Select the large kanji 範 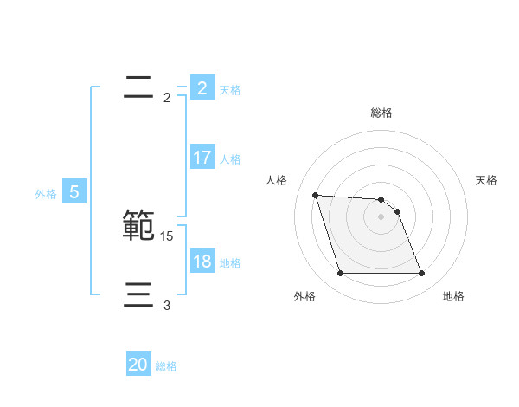point(139,225)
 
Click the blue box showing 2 point(202,87)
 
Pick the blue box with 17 point(202,158)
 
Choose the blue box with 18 point(202,262)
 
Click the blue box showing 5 point(74,192)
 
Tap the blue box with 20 point(138,365)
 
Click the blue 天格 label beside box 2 point(230,89)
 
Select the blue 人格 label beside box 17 point(230,159)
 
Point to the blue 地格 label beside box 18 point(230,263)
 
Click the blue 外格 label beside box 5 point(46,194)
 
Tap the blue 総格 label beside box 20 point(166,366)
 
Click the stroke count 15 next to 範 point(167,236)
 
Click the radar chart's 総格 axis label point(381,113)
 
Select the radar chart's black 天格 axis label point(487,180)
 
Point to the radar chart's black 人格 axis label point(276,180)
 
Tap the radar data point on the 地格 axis point(421,274)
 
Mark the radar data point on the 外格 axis point(340,274)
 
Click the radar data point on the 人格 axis point(315,195)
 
